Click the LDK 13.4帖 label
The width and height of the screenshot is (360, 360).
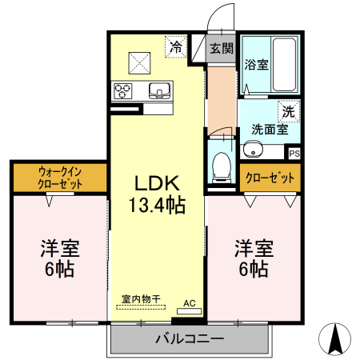click(x=158, y=193)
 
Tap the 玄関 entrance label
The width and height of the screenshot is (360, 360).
click(x=222, y=48)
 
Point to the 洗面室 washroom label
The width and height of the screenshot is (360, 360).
click(x=269, y=128)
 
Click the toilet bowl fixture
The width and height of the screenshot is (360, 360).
click(x=222, y=164)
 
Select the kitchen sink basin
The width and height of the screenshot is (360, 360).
click(x=158, y=89)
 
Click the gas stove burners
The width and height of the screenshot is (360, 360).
click(x=124, y=89)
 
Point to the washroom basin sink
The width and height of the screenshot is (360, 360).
click(x=254, y=148)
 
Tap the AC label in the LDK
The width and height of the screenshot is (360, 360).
click(x=190, y=302)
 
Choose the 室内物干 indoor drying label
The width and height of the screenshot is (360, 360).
click(x=140, y=298)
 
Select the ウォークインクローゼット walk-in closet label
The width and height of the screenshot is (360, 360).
click(x=61, y=177)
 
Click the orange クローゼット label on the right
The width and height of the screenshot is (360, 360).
click(x=270, y=178)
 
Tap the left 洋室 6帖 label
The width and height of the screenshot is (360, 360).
click(x=60, y=258)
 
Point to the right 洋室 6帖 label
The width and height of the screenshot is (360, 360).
click(x=253, y=258)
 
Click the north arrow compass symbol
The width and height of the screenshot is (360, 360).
click(x=337, y=338)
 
